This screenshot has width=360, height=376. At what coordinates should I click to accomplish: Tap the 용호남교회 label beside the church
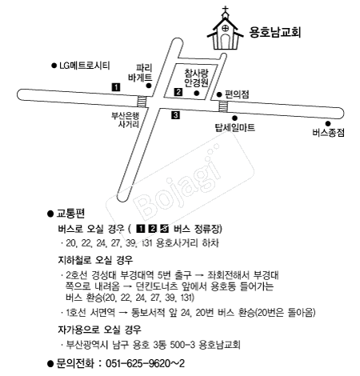click(x=279, y=33)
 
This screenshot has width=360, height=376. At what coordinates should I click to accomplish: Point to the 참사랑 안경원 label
click(x=196, y=77)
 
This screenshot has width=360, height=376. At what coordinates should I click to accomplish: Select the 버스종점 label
click(x=329, y=134)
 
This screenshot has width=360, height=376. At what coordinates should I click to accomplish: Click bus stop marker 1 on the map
click(x=116, y=86)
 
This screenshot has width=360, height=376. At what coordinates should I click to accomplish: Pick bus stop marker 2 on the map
click(x=178, y=93)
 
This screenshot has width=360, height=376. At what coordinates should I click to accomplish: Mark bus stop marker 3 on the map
click(x=175, y=116)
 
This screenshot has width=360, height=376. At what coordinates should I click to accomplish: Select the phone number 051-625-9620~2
click(x=142, y=362)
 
